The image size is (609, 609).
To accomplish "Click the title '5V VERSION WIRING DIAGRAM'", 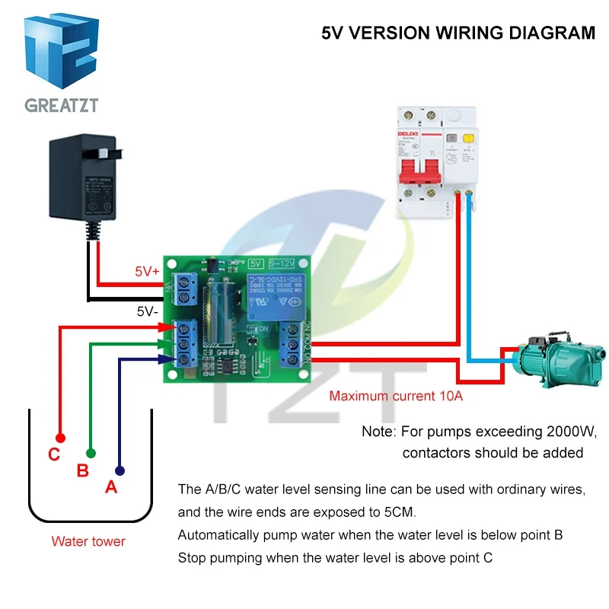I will pos(458,33).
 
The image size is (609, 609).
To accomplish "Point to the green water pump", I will pos(556,358).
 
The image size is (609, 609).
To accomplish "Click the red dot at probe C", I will pos(60,438).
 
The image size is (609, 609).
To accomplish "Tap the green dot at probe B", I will pos(91,453).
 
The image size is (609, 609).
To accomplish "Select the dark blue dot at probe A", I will pos(120,470).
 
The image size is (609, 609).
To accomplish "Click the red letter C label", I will pos(53,455).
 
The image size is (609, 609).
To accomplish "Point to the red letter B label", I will pos(83,470).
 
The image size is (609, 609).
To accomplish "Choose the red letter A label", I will pos(111,487).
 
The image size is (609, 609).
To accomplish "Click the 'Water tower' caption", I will pos(88,541).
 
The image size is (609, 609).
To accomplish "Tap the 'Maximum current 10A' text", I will pos(396,396).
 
